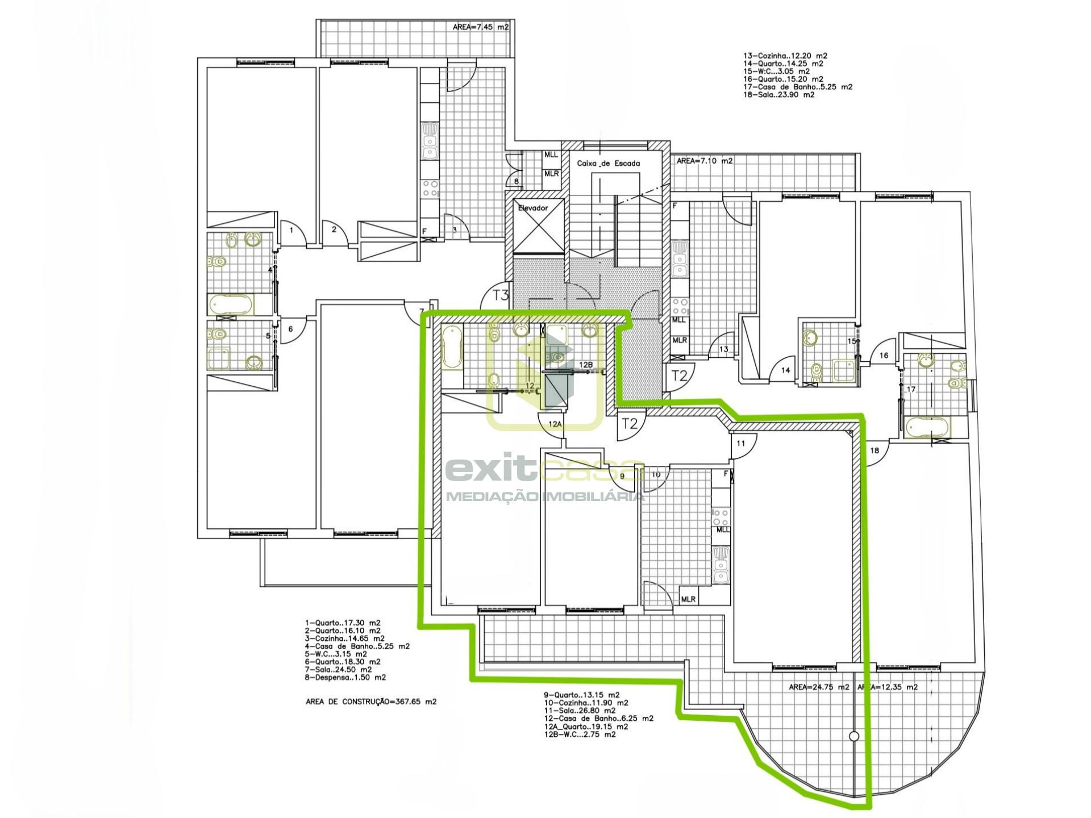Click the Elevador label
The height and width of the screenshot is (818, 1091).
[533, 208]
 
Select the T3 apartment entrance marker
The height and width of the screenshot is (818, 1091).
[501, 295]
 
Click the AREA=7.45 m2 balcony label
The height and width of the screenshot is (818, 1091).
[481, 27]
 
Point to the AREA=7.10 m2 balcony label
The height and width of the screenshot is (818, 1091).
[705, 161]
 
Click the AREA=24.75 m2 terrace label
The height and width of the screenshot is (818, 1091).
[819, 687]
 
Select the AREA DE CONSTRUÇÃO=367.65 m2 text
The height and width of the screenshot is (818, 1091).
[371, 702]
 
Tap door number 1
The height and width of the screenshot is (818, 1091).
[292, 230]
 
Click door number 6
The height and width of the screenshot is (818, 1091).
[290, 329]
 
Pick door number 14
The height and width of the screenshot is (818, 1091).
[785, 370]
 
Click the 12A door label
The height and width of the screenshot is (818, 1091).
[555, 424]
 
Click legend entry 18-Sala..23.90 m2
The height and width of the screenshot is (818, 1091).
[778, 95]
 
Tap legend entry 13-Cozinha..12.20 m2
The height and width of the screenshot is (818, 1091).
[785, 56]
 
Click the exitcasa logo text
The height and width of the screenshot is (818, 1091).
[544, 470]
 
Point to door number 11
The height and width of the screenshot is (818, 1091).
[740, 443]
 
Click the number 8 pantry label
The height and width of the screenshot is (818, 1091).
[517, 182]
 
